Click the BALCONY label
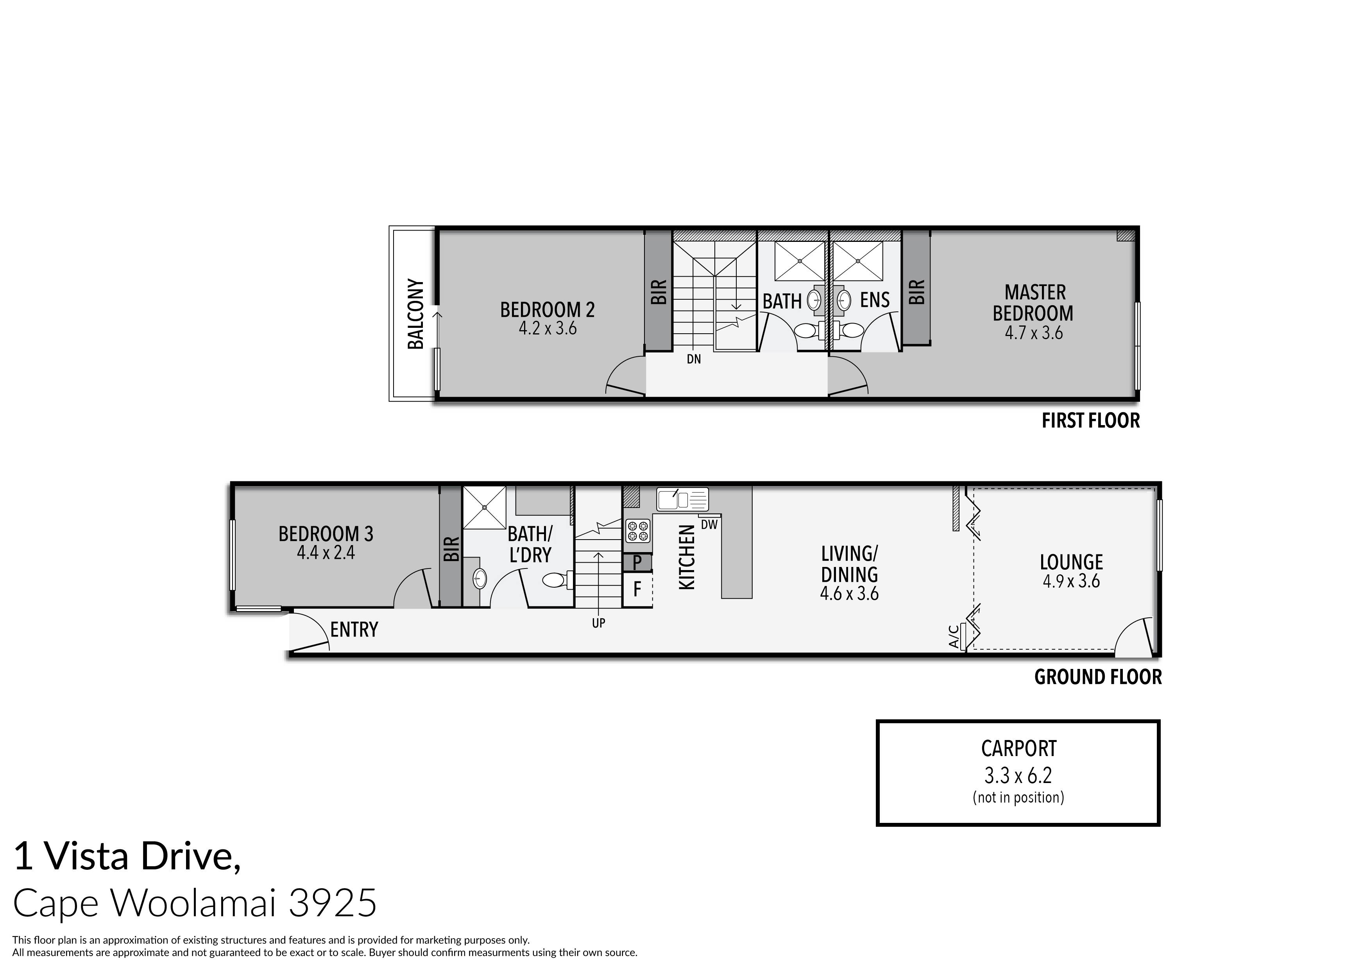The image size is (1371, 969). click(x=415, y=314)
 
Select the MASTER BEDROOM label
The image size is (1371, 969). click(x=1034, y=303)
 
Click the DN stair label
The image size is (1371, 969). click(x=693, y=359)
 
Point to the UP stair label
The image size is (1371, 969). click(x=598, y=623)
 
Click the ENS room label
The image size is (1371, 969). click(x=874, y=300)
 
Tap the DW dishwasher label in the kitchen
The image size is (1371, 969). click(x=709, y=525)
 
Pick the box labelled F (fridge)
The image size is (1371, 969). click(x=637, y=590)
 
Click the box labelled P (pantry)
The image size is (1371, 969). click(x=637, y=562)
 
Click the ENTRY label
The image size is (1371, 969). click(x=354, y=630)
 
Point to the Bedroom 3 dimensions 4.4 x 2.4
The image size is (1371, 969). click(x=326, y=553)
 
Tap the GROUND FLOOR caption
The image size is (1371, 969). click(x=1097, y=678)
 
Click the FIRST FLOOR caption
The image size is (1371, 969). click(x=1090, y=421)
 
